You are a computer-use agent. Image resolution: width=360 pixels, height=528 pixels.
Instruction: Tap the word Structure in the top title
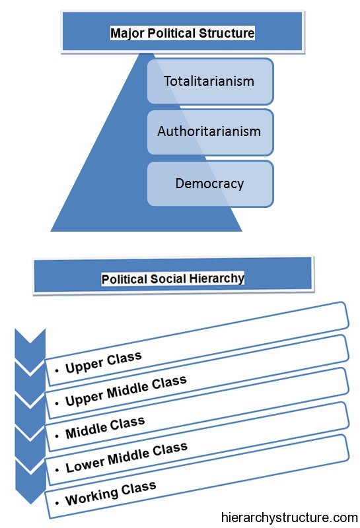(227, 33)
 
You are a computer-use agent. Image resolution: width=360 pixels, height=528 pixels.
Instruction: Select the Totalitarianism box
(210, 81)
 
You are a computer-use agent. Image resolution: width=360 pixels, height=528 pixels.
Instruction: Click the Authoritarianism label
(209, 131)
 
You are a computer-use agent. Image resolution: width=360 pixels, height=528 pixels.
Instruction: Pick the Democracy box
(210, 184)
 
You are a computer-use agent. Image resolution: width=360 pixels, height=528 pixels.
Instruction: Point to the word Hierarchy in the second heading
(217, 279)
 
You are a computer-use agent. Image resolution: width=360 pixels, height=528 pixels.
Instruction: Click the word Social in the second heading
(168, 279)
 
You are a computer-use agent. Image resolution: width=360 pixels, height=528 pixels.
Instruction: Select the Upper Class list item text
(104, 362)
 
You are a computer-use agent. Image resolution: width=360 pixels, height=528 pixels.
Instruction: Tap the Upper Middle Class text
(126, 390)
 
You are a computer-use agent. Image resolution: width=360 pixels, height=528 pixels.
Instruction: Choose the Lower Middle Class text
(126, 457)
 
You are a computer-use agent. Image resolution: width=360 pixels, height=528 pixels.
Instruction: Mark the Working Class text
(110, 493)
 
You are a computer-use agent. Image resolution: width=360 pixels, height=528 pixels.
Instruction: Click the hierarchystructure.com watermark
(289, 517)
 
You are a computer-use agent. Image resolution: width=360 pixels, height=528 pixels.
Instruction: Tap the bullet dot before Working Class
(57, 504)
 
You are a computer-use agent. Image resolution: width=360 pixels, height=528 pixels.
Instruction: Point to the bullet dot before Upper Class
(57, 370)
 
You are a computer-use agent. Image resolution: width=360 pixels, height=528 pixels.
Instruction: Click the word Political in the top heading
(172, 33)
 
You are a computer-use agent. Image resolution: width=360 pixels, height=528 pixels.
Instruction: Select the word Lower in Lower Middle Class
(85, 465)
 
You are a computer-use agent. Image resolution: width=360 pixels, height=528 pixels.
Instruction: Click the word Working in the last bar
(92, 497)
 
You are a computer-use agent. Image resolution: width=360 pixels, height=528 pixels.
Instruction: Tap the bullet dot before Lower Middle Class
(57, 470)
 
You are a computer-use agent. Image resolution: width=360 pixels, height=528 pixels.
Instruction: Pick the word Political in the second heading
(125, 279)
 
